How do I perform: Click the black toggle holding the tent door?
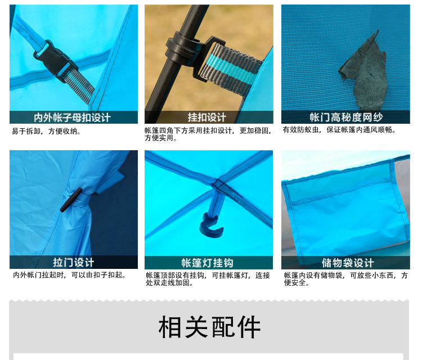point(71,200)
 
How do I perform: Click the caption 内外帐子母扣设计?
point(72,118)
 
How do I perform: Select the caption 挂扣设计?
point(206,118)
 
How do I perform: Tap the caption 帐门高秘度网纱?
point(346,118)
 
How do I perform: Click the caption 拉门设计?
point(74,262)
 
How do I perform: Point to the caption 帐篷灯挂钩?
point(207,263)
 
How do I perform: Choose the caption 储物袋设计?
point(348,263)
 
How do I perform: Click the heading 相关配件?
point(209,327)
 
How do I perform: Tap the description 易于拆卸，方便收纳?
point(46,131)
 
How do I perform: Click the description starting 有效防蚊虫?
point(339,130)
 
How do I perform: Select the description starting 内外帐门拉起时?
point(69,275)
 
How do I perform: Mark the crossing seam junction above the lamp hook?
point(218,183)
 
